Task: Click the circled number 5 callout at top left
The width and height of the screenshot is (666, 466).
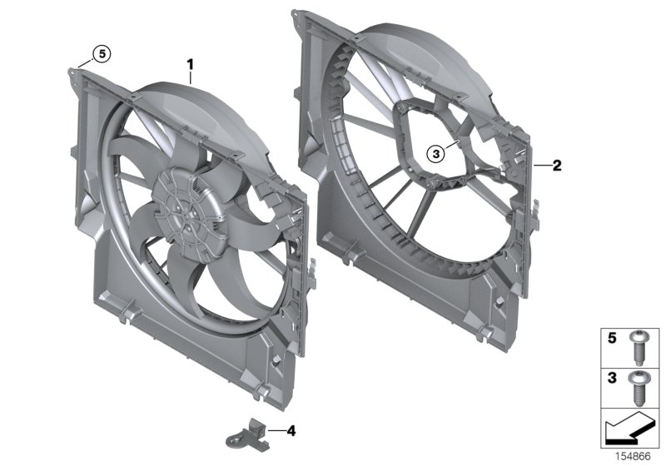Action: click(101, 53)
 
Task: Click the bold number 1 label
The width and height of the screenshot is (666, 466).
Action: click(190, 63)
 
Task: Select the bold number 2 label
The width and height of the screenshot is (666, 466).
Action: click(557, 166)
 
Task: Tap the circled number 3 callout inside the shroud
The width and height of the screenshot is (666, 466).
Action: click(435, 152)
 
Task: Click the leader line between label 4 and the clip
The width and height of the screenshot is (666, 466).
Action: click(275, 430)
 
